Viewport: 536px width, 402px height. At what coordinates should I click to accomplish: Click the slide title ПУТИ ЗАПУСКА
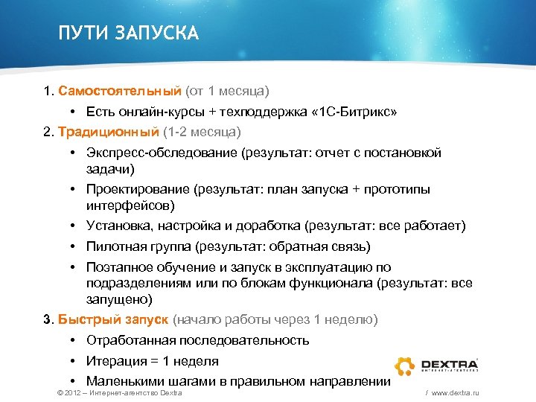(x=129, y=33)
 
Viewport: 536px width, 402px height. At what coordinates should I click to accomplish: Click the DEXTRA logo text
(x=450, y=363)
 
